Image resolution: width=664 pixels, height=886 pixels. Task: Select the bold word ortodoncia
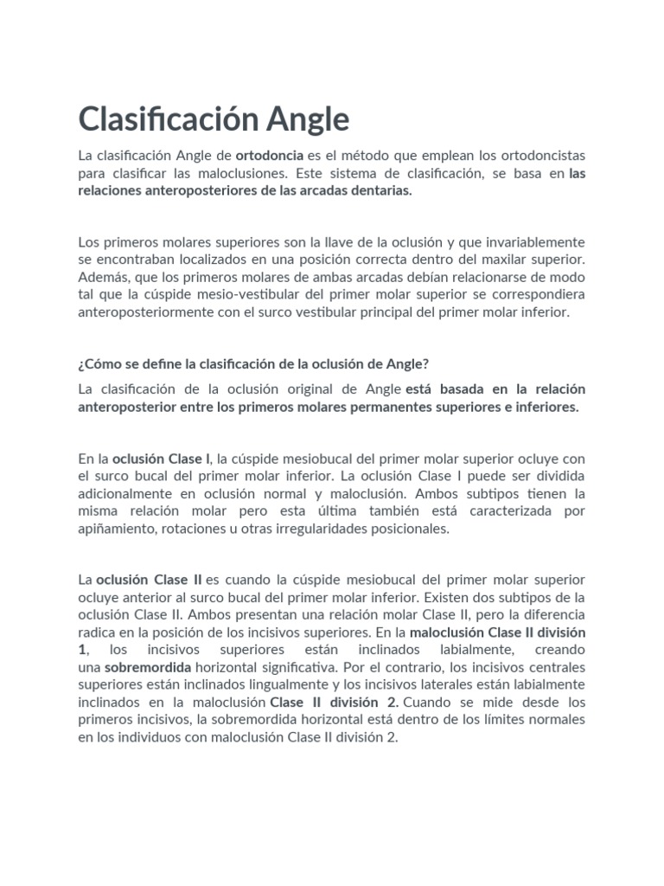pyautogui.click(x=269, y=156)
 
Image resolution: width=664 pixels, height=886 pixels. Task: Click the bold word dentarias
pyautogui.click(x=378, y=191)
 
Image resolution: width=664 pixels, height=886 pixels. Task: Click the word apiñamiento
pyautogui.click(x=117, y=529)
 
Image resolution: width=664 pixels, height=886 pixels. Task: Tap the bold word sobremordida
pyautogui.click(x=143, y=667)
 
